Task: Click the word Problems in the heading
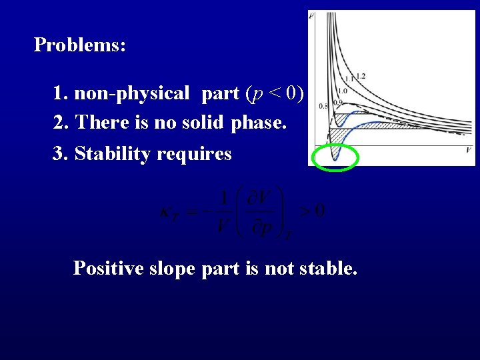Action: pyautogui.click(x=79, y=45)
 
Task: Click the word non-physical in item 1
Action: pyautogui.click(x=132, y=94)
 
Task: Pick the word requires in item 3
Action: pyautogui.click(x=197, y=155)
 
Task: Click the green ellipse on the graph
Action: pyautogui.click(x=335, y=159)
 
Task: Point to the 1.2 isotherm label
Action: pyautogui.click(x=361, y=76)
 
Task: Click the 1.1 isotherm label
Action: pyautogui.click(x=349, y=79)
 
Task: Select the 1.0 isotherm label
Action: pyautogui.click(x=343, y=90)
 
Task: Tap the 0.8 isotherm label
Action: pyautogui.click(x=323, y=106)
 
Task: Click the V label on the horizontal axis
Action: pyautogui.click(x=469, y=151)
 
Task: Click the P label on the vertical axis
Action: pyautogui.click(x=311, y=15)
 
